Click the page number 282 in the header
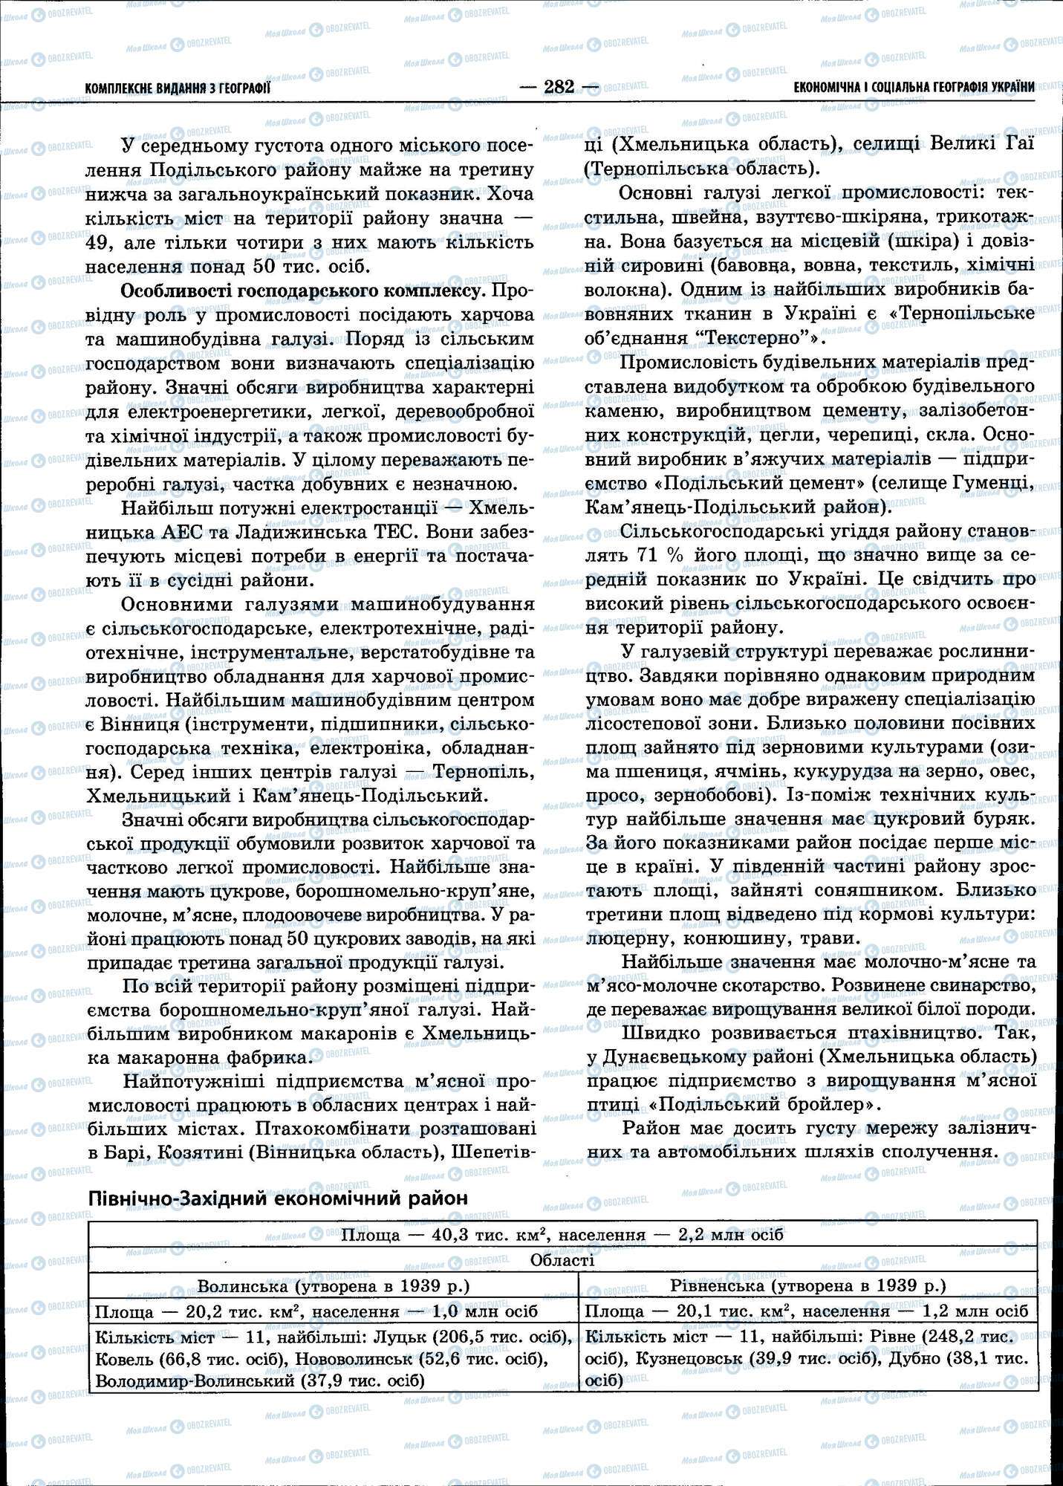(559, 87)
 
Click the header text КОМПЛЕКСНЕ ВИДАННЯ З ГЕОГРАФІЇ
(178, 88)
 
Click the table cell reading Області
(562, 1260)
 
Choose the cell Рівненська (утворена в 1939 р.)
(807, 1285)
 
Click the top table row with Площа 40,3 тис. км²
(562, 1235)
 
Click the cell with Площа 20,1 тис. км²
(807, 1312)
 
